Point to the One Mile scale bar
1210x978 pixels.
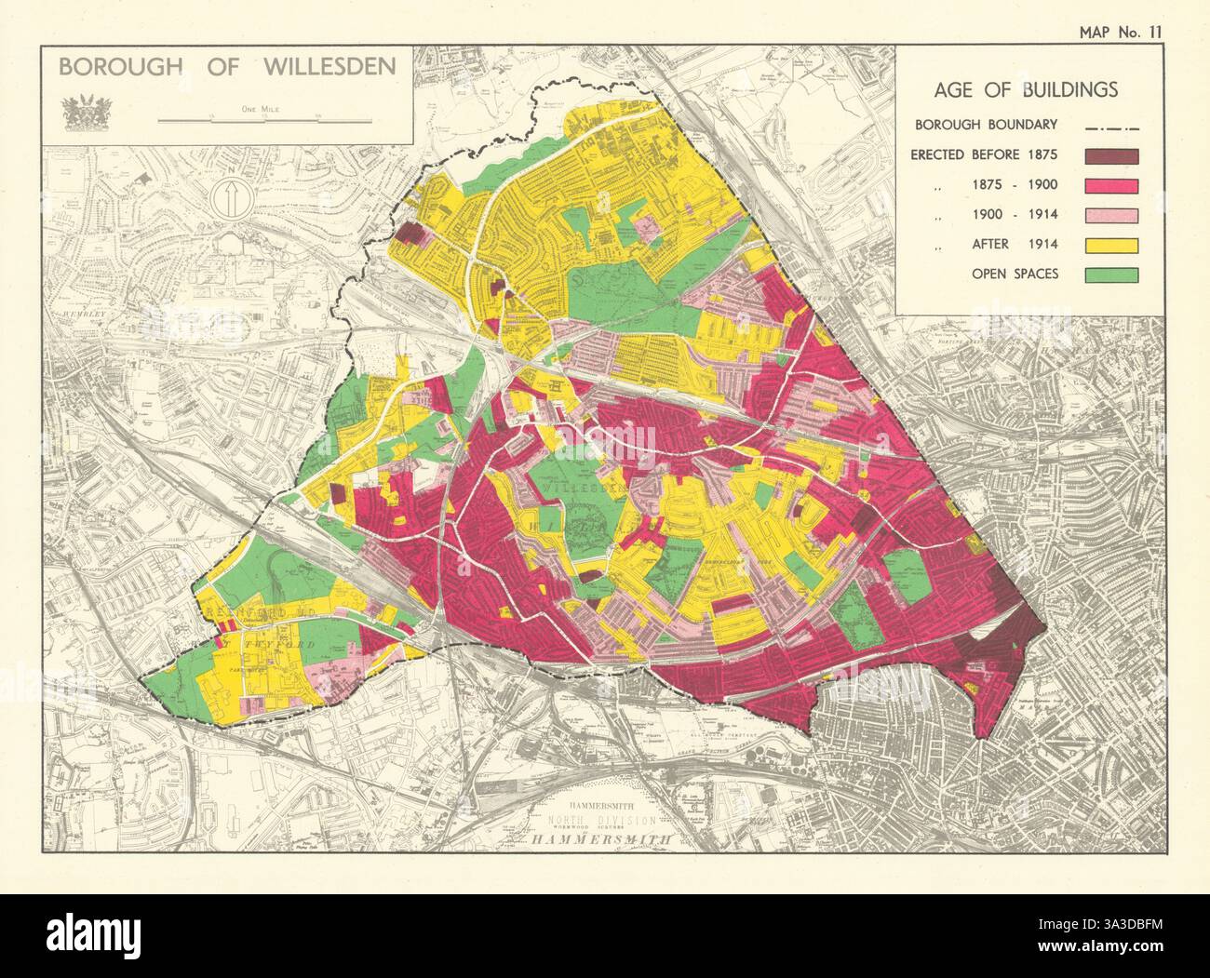coord(265,120)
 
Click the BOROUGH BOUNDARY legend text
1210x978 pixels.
coord(985,125)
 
